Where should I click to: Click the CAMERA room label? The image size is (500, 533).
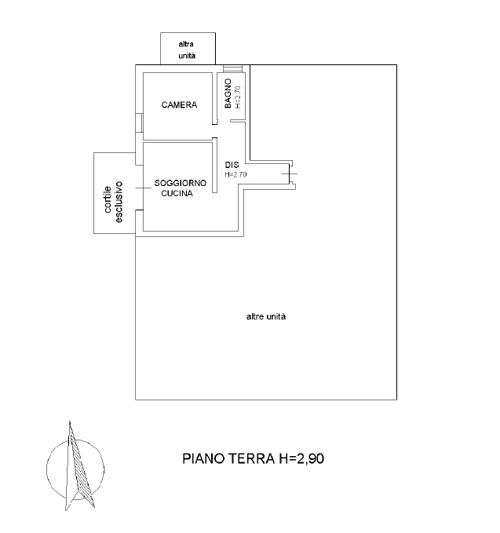(179, 104)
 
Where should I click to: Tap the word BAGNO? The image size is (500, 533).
(228, 93)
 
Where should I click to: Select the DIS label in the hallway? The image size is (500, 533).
(232, 165)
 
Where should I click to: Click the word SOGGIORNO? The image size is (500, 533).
(181, 183)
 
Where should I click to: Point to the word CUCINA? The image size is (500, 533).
(177, 193)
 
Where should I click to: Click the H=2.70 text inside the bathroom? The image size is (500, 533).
(238, 97)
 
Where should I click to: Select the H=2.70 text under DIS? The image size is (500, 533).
(235, 175)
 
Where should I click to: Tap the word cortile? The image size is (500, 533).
(108, 199)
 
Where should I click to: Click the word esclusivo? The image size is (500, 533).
(119, 202)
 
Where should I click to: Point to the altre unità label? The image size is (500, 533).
(266, 317)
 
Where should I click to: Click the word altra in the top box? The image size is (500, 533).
(186, 44)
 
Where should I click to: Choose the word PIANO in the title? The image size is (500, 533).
(203, 458)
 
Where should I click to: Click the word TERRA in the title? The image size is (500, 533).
(251, 458)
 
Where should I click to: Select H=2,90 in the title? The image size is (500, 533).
(301, 459)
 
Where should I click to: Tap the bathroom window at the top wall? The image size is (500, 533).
(233, 68)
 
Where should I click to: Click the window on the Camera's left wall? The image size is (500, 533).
(139, 122)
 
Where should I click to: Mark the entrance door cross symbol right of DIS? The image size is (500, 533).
(290, 173)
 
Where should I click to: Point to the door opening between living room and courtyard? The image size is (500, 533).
(140, 188)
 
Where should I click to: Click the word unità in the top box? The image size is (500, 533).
(187, 56)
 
